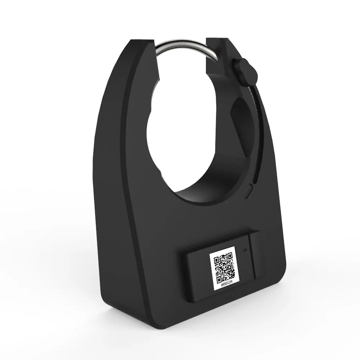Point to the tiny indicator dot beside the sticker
(245, 250)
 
